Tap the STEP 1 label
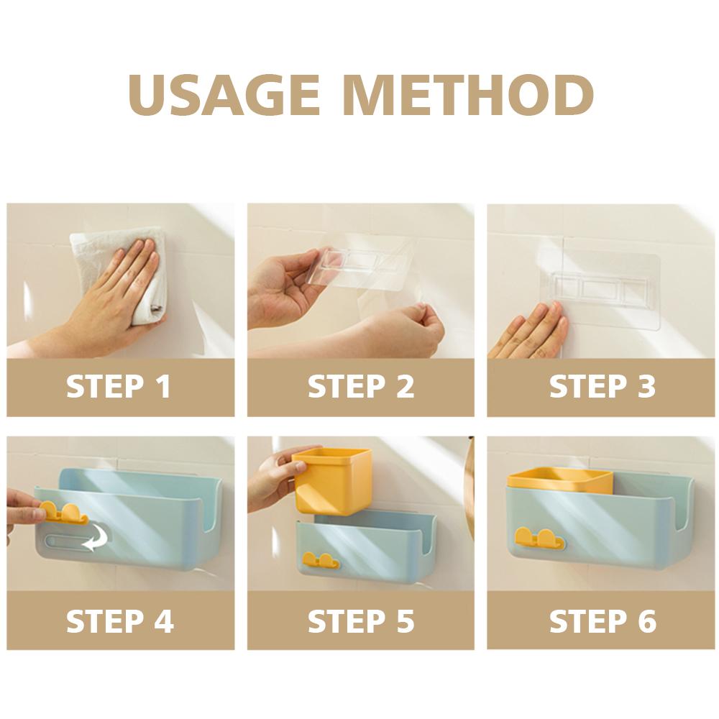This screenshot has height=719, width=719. (x=119, y=386)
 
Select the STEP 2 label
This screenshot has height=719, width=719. (x=361, y=386)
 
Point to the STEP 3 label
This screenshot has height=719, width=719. (x=603, y=386)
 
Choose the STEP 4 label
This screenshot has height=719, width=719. (x=119, y=621)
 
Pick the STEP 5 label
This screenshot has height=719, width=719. (x=361, y=621)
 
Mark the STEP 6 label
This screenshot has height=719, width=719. (x=603, y=621)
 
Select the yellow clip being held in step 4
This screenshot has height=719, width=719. (x=63, y=513)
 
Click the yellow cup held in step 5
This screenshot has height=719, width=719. (x=331, y=480)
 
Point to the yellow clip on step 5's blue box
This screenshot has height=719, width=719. (x=320, y=560)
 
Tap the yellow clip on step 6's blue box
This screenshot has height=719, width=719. (x=539, y=539)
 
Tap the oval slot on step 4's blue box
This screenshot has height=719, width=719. (x=75, y=542)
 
